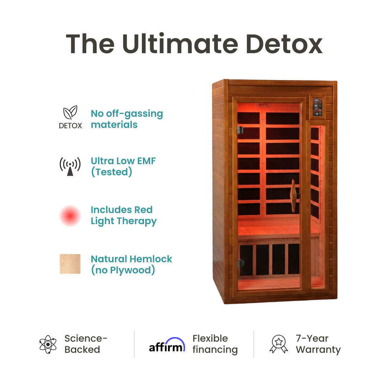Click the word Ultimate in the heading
pos(180,44)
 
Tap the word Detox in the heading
pos(284,44)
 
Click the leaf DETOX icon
pos(70,118)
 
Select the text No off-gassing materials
pos(127,119)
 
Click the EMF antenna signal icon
pos(70,166)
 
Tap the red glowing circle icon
pos(70,216)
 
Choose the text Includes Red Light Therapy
pos(124,216)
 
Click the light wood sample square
pos(70,264)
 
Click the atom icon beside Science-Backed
pos(48,344)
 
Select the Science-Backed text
pos(86,344)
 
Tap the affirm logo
pos(167,345)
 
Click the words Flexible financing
pos(215,344)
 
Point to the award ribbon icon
pos(279,344)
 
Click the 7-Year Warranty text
pos(318,344)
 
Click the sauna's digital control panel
pos(318,106)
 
